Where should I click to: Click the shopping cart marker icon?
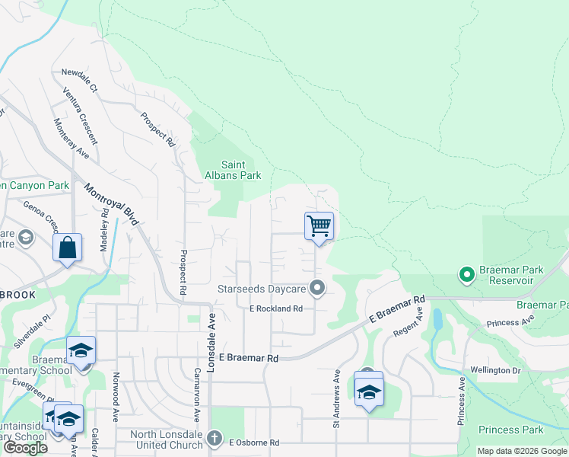click(x=319, y=226)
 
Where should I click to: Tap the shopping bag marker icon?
click(x=67, y=248)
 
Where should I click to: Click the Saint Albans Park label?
click(x=241, y=170)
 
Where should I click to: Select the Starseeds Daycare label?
click(x=261, y=289)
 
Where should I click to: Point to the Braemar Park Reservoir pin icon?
click(x=466, y=272)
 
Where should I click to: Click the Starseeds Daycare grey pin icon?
click(x=317, y=288)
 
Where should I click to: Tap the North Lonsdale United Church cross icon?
click(x=215, y=439)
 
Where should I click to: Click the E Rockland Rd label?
click(x=276, y=308)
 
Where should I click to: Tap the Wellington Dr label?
click(x=516, y=370)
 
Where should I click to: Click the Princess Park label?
click(x=511, y=430)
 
